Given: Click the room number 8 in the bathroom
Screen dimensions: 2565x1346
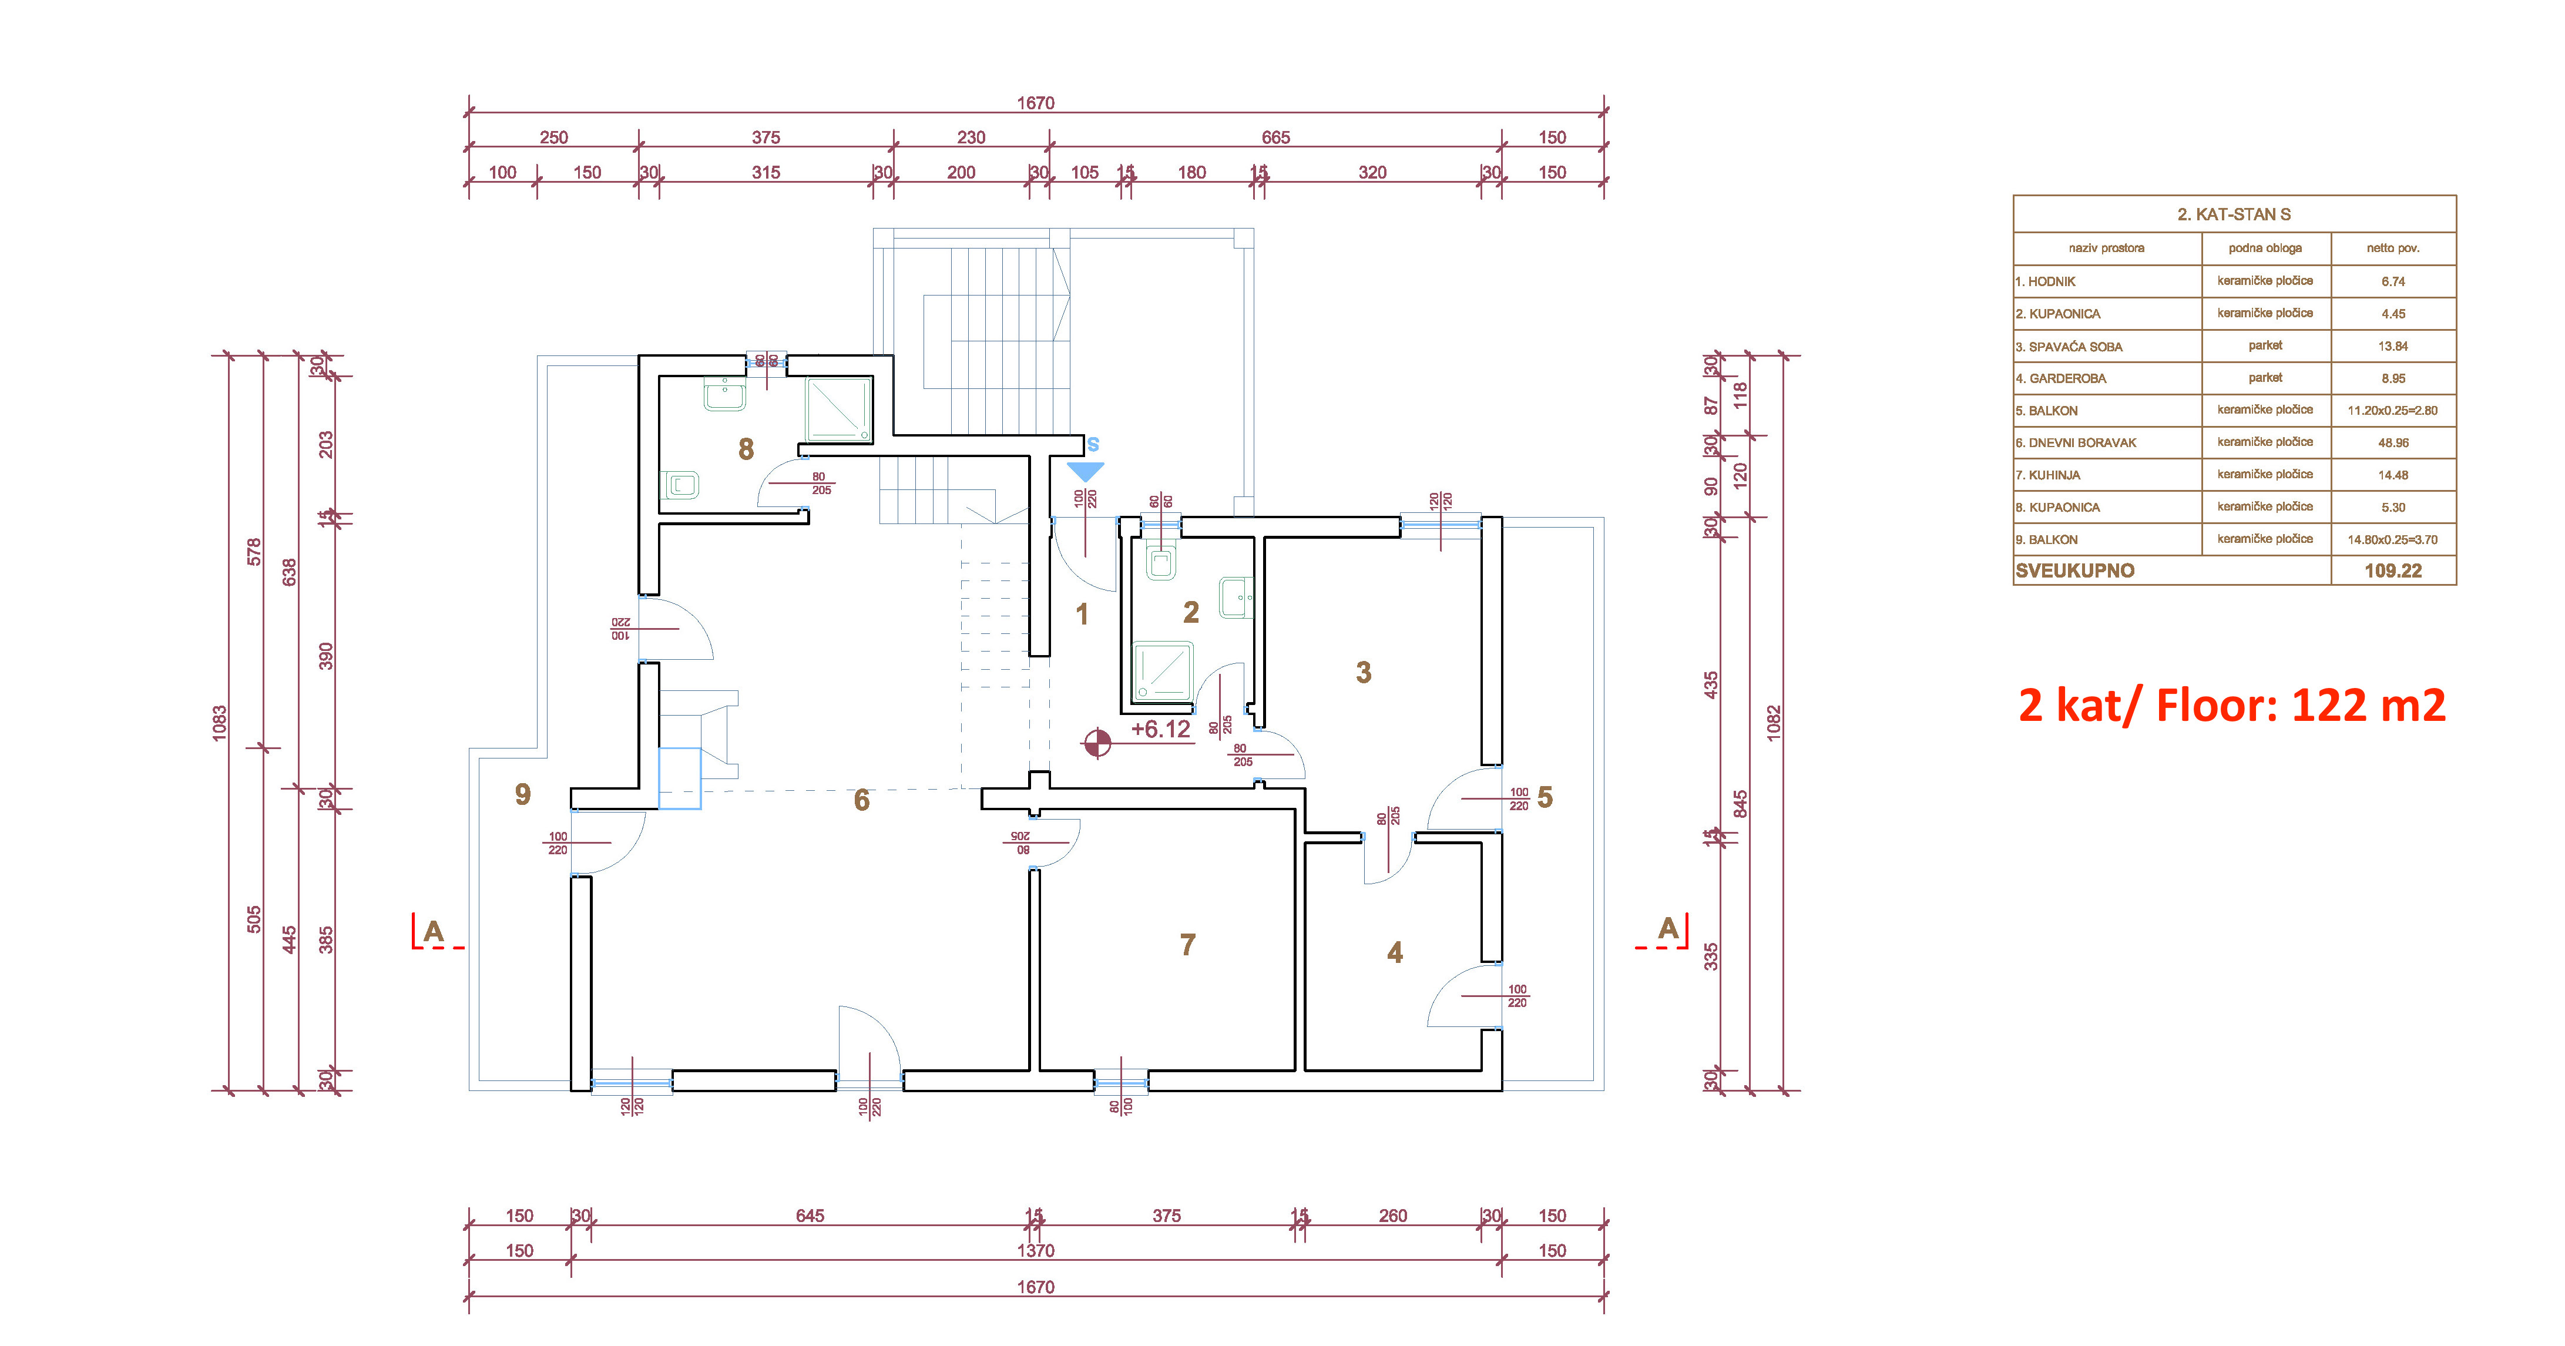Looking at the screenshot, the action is (746, 449).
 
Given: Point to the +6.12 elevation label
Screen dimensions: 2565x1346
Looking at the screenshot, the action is (1160, 730).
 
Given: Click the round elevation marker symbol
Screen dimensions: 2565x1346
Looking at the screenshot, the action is (1097, 743).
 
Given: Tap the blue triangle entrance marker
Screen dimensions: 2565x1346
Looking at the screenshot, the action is (1085, 472).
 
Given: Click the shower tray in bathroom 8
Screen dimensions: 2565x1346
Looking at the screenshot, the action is (838, 408).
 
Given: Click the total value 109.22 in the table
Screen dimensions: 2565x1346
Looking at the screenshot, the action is (2393, 570).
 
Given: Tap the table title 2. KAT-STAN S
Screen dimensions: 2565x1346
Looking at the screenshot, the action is (2234, 214).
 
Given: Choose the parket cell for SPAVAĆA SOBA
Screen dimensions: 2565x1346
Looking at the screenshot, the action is (2265, 345).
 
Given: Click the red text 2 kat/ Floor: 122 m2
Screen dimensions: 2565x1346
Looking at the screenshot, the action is (2231, 705).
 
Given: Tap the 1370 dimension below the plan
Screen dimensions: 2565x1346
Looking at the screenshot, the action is (1036, 1250).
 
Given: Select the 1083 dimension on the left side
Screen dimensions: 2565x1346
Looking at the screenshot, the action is (219, 723).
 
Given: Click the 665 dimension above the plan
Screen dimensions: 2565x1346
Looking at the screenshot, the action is (1275, 137).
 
